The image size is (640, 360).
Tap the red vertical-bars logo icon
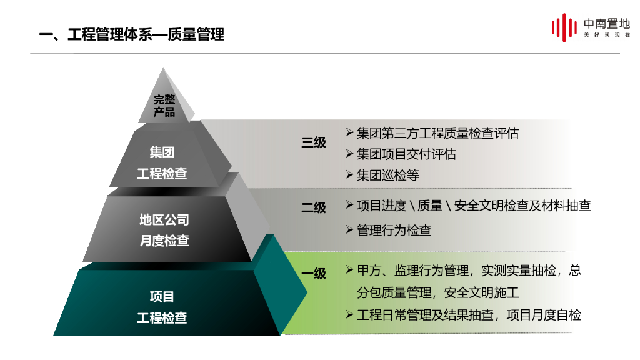[x=563, y=28]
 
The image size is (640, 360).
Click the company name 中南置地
[x=606, y=24]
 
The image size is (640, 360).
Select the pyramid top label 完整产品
[x=164, y=106]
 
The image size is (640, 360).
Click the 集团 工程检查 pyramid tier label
[x=162, y=162]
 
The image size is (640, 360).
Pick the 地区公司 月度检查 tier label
[x=164, y=230]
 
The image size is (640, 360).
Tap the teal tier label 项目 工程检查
[x=162, y=307]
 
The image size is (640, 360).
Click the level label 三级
[x=314, y=142]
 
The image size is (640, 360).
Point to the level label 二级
[x=314, y=207]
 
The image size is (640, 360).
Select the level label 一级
[x=314, y=273]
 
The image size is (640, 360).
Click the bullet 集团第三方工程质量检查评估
[x=437, y=133]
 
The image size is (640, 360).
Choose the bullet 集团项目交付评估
[x=406, y=154]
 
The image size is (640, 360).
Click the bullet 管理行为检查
[x=394, y=230]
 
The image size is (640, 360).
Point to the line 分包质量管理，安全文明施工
[x=438, y=292]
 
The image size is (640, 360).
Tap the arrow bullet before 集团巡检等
[x=350, y=174]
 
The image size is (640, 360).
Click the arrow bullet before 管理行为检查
[x=350, y=229]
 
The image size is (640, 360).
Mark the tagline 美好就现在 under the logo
[x=607, y=35]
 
